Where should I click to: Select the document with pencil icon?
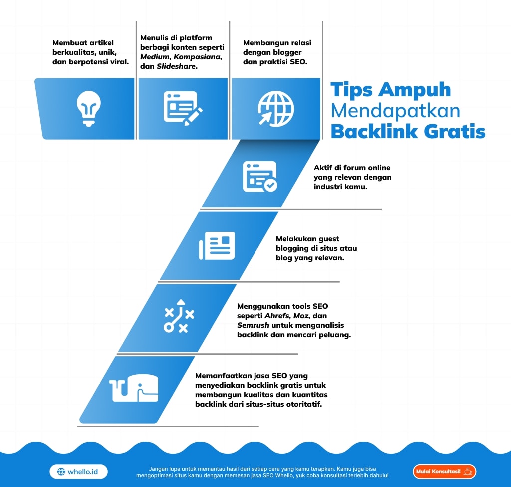(x=183, y=108)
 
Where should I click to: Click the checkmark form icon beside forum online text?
(x=259, y=177)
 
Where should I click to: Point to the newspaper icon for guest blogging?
(x=217, y=246)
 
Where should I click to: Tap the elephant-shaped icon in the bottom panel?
(x=134, y=388)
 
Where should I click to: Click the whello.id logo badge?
(x=79, y=471)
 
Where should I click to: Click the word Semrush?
(x=253, y=325)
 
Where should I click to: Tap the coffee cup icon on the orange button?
(x=467, y=471)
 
